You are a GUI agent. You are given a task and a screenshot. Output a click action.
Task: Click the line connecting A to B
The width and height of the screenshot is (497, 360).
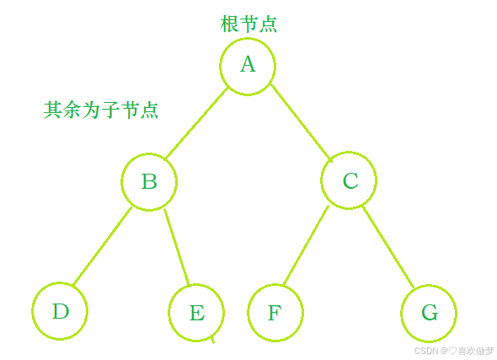pos(197,123)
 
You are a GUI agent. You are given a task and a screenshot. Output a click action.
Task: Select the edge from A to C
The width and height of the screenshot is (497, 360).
pos(301,123)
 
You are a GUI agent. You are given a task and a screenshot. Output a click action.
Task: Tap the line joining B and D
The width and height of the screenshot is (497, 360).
pos(103,246)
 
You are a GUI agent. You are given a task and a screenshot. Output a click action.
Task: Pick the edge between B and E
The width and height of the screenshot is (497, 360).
pos(177,247)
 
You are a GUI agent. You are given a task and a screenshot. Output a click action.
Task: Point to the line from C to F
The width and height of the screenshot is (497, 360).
pos(306,245)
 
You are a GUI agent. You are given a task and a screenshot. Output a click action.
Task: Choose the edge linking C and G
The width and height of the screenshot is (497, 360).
pos(388,247)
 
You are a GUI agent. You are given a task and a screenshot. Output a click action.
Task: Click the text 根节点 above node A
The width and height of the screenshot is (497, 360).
pos(248,24)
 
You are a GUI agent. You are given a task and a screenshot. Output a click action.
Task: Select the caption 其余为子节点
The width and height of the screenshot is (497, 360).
pos(101,110)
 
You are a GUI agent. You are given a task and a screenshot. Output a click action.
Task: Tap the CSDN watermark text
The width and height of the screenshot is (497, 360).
pos(454,351)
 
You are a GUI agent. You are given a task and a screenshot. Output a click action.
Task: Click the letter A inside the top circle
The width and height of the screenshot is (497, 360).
pos(248,64)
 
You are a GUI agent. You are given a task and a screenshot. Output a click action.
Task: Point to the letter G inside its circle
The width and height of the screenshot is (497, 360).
pos(430,312)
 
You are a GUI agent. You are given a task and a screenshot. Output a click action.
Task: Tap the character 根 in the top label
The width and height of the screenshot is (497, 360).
pos(229,24)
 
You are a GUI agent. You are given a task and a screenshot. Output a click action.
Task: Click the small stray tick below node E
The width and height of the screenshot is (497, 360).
pos(212,340)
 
